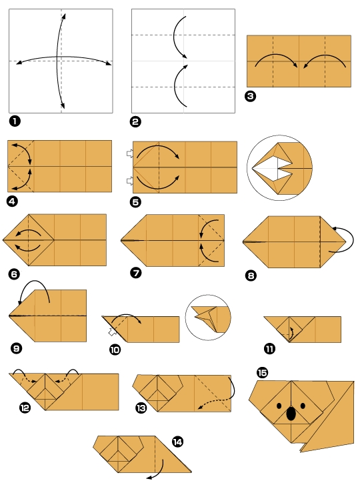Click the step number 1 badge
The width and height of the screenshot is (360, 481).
(x=13, y=121)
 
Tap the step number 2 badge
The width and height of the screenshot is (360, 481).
(x=136, y=121)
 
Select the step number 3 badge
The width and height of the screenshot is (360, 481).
(x=251, y=95)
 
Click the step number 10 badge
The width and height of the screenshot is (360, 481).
(x=115, y=349)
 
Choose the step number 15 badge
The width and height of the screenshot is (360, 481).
(x=261, y=372)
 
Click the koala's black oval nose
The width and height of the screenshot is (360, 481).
(x=291, y=414)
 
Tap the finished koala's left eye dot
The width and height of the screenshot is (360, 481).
(x=279, y=405)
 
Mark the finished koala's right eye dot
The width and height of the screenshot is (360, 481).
(x=303, y=405)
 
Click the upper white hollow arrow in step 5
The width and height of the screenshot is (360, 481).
(x=129, y=154)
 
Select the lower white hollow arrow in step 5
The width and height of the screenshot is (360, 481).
(x=129, y=179)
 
